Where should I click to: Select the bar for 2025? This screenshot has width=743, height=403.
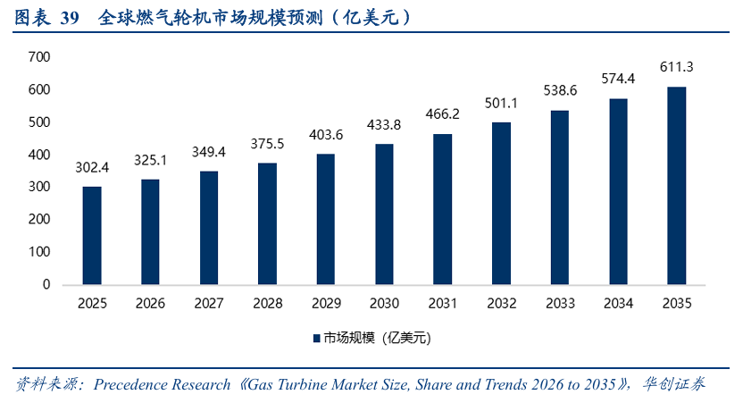pyautogui.click(x=92, y=235)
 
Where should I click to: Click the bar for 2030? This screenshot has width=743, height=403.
pyautogui.click(x=384, y=214)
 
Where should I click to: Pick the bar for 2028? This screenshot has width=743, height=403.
pyautogui.click(x=267, y=223)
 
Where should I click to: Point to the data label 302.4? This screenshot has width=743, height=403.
pyautogui.click(x=92, y=167)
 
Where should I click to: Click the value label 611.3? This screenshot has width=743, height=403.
pyautogui.click(x=676, y=67)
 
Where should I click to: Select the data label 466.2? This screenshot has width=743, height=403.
pyautogui.click(x=442, y=114)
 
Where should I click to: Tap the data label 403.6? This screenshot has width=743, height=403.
pyautogui.click(x=326, y=135)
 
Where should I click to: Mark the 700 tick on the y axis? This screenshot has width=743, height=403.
pyautogui.click(x=39, y=57)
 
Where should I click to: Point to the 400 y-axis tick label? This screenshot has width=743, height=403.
pyautogui.click(x=39, y=155)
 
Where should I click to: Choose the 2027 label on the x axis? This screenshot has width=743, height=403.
pyautogui.click(x=209, y=304)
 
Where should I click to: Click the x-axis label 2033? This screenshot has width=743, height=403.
pyautogui.click(x=559, y=304)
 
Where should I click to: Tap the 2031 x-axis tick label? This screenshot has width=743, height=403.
pyautogui.click(x=442, y=304)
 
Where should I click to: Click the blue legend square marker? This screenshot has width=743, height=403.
pyautogui.click(x=315, y=339)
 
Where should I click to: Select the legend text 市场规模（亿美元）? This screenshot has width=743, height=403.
pyautogui.click(x=377, y=339)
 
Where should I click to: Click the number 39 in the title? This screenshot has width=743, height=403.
pyautogui.click(x=70, y=17)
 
